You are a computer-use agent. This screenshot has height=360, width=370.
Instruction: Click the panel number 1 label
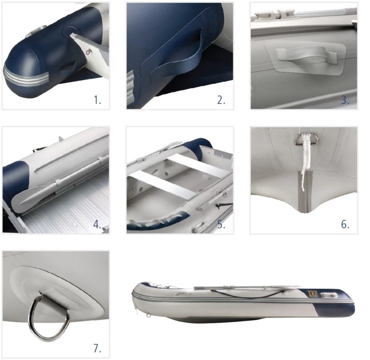[98, 100]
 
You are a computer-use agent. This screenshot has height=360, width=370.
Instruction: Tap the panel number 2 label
[221, 100]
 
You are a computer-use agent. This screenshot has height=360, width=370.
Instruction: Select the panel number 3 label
[345, 100]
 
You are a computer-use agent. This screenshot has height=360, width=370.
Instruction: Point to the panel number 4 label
[97, 225]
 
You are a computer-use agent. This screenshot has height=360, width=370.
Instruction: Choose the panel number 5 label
[221, 225]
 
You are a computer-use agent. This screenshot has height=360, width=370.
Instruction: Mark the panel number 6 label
[345, 225]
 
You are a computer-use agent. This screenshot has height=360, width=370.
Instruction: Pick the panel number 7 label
[97, 348]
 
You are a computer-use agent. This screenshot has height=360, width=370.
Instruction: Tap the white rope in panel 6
[305, 160]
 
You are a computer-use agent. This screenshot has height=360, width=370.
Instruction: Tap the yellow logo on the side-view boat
[312, 294]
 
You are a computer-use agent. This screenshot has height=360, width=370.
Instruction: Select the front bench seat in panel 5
[163, 184]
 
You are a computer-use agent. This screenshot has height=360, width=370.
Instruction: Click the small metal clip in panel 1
[89, 51]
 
